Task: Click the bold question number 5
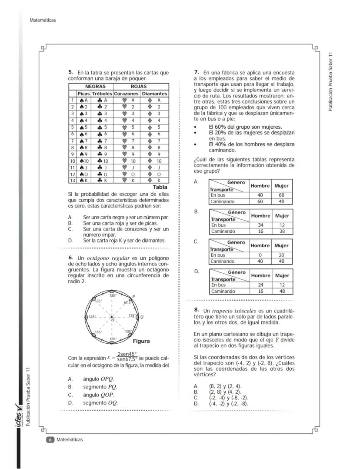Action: point(70,72)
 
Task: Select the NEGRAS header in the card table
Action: point(95,87)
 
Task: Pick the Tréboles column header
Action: point(102,94)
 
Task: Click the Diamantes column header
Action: point(154,94)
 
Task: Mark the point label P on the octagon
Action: point(133,296)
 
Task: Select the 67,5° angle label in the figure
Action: point(127,302)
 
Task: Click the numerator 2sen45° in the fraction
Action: point(127,354)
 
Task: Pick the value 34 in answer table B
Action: point(260,225)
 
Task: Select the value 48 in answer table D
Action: point(282,291)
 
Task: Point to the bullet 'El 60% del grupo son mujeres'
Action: point(245,127)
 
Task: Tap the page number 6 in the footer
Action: point(50,440)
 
